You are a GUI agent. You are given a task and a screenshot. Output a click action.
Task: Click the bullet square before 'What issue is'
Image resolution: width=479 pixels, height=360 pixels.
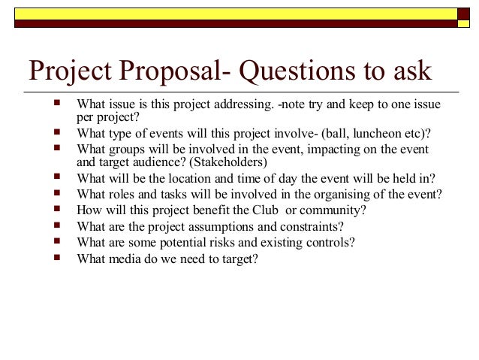click(58, 101)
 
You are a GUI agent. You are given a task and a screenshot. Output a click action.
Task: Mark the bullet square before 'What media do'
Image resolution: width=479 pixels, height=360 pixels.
click(58, 257)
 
